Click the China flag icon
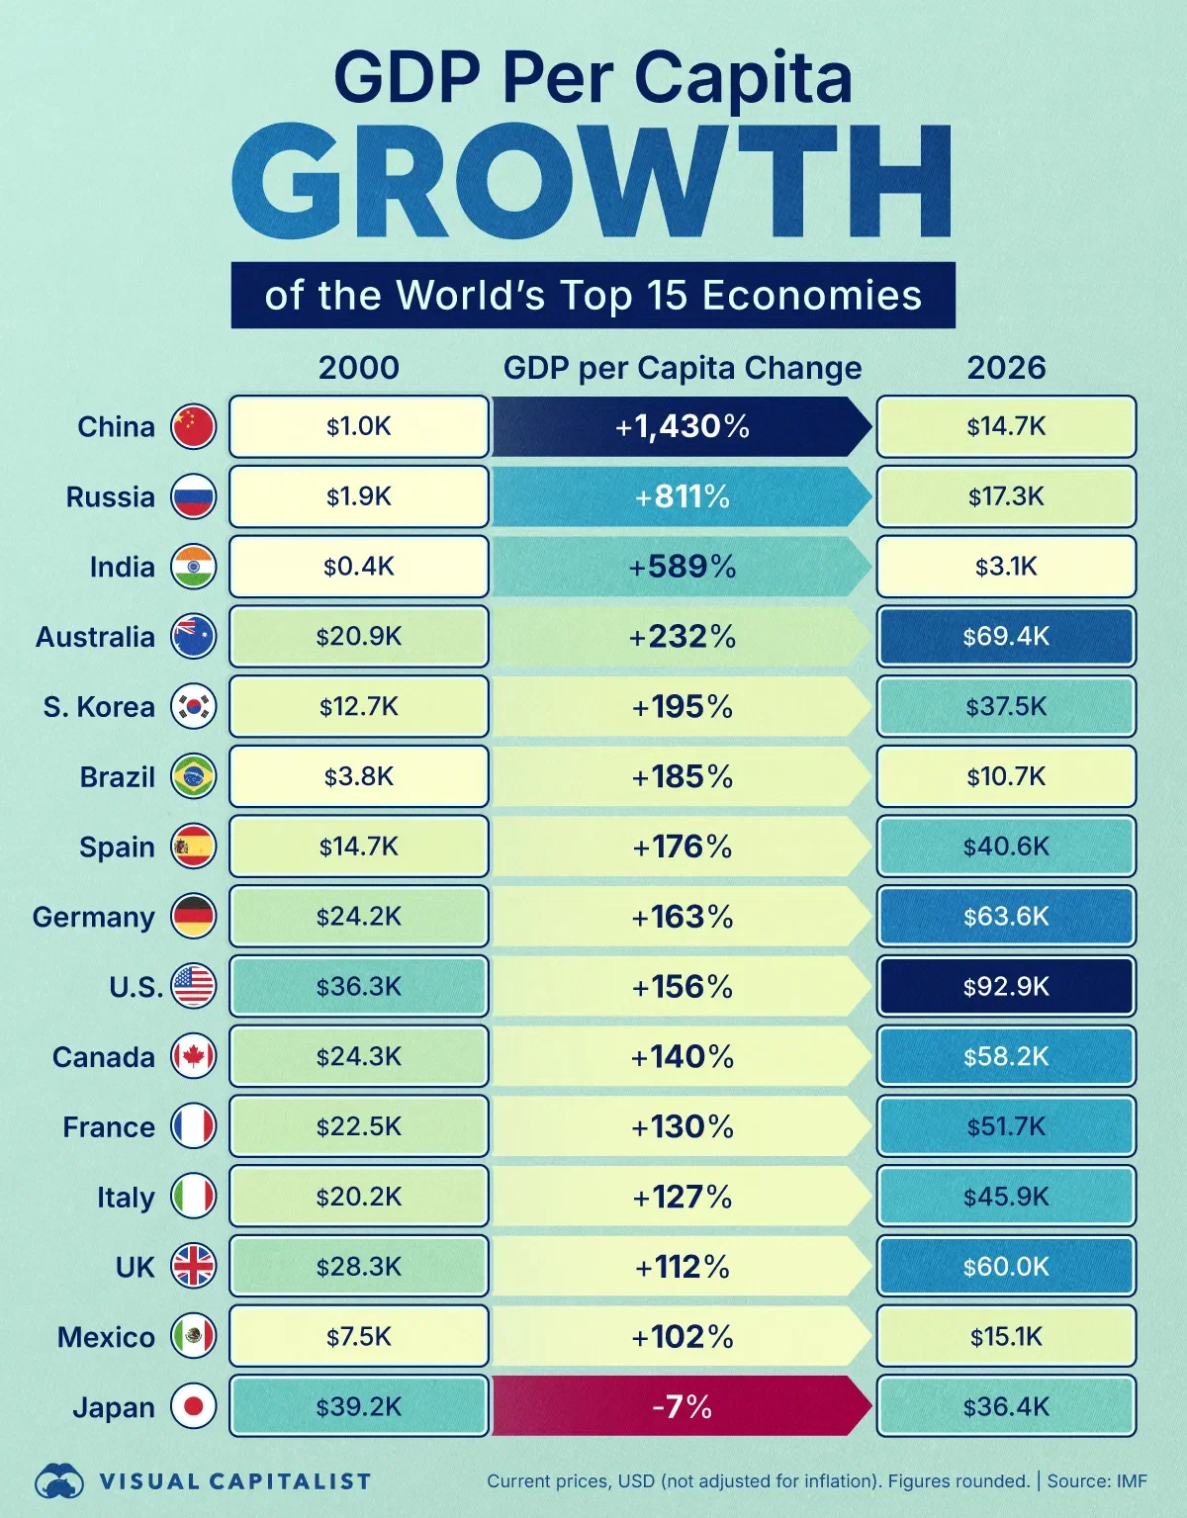(193, 427)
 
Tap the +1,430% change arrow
(682, 427)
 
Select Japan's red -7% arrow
(682, 1406)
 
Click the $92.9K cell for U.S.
(1006, 986)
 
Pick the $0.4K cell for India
(359, 567)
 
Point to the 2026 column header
(1006, 368)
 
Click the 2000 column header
(359, 368)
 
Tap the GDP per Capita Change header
(682, 368)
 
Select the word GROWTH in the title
(592, 184)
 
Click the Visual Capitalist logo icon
(59, 1481)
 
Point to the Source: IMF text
(1097, 1481)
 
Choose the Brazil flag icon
(193, 777)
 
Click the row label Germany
(94, 917)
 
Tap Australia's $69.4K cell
(1006, 636)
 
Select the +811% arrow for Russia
(682, 496)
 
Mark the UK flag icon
(193, 1267)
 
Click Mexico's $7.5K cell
(359, 1337)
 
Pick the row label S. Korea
(99, 707)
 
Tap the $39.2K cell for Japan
(359, 1406)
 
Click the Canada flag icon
(193, 1057)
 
